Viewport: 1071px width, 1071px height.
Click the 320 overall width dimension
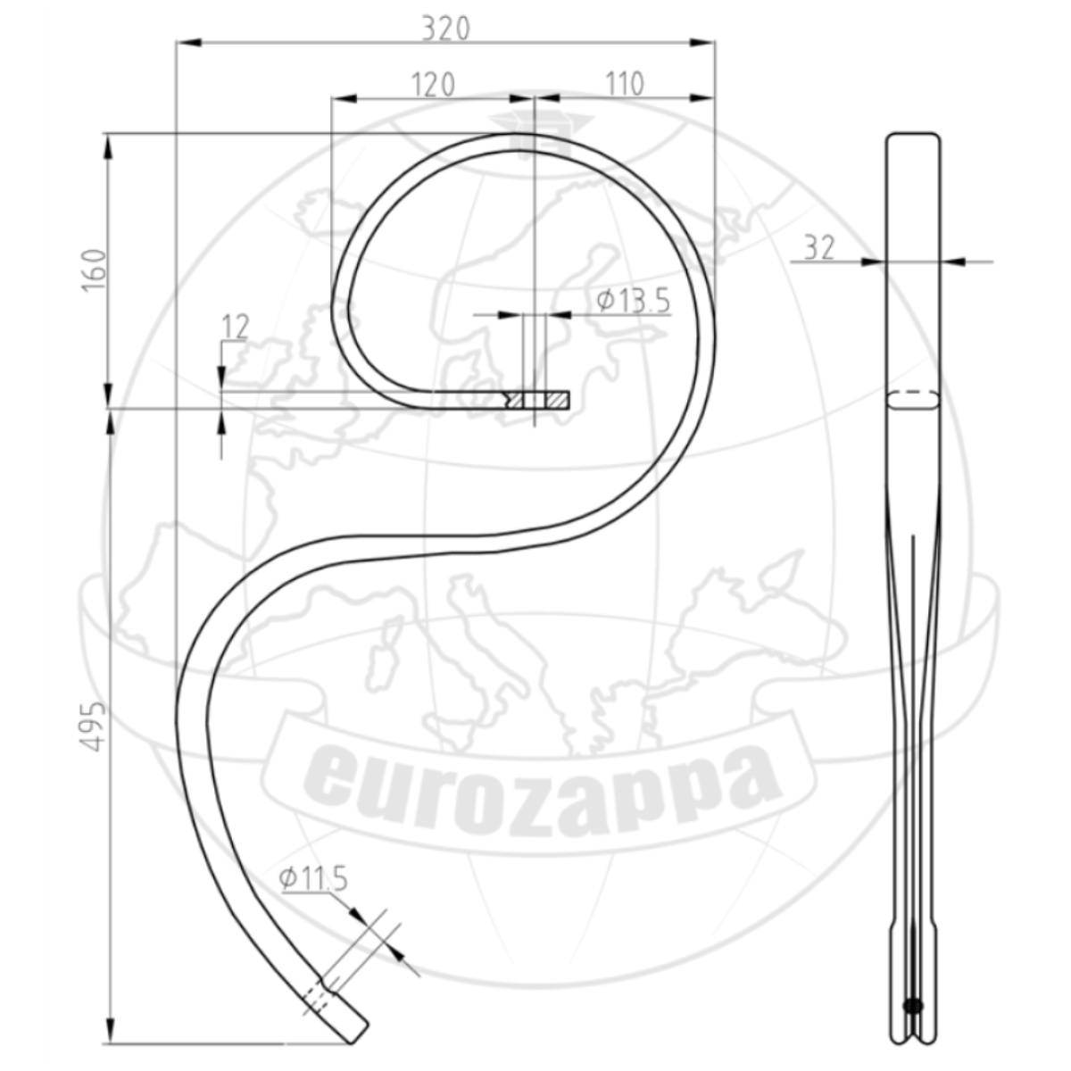pyautogui.click(x=445, y=29)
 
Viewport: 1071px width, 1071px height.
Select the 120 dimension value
pyautogui.click(x=433, y=85)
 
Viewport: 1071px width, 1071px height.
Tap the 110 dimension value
pyautogui.click(x=625, y=85)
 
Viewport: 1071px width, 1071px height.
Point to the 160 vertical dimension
pyautogui.click(x=94, y=270)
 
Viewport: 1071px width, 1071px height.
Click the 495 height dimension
pyautogui.click(x=94, y=726)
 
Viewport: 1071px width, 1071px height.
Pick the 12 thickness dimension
pyautogui.click(x=235, y=328)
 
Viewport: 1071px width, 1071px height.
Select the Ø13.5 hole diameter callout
pyautogui.click(x=634, y=301)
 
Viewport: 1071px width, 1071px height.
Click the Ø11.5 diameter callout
pyautogui.click(x=313, y=878)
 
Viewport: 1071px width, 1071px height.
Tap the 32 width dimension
pyautogui.click(x=819, y=248)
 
